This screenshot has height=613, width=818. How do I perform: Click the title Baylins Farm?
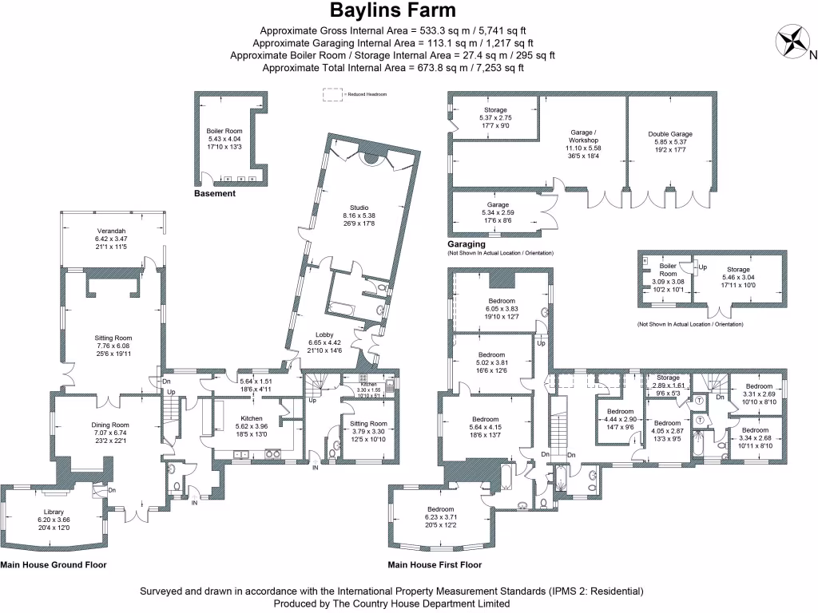(x=394, y=10)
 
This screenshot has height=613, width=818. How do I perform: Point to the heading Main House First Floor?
(x=435, y=564)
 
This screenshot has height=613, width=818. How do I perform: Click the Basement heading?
(x=215, y=193)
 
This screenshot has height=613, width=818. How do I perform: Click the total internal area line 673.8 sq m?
(x=393, y=68)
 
